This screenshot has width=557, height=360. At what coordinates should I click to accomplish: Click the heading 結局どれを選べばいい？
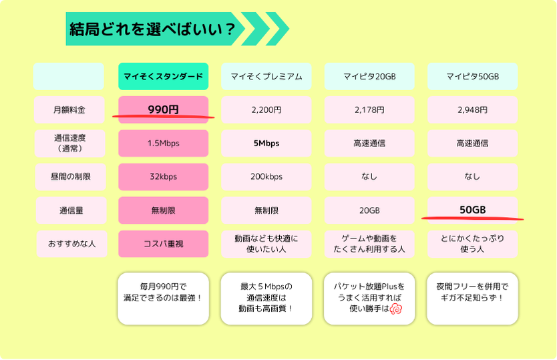pos(152,29)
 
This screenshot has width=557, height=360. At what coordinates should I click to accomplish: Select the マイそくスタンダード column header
pos(164,76)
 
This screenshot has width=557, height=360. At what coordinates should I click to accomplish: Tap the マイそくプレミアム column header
pos(266,76)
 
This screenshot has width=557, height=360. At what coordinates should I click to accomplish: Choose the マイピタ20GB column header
pos(369,76)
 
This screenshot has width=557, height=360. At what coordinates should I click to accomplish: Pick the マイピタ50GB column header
pos(472,76)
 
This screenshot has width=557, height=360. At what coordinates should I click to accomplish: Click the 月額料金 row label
pos(69,110)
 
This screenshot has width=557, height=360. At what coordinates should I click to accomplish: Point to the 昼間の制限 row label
pos(70,176)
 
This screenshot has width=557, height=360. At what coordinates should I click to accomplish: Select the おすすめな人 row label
pos(71,244)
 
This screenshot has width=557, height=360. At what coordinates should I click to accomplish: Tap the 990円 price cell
pos(164,110)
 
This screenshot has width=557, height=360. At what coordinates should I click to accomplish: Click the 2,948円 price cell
pos(472,110)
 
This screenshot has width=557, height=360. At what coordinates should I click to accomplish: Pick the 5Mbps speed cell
pos(266,143)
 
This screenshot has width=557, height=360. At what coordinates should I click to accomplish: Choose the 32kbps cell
pos(164,176)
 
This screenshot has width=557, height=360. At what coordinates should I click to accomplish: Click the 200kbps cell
pos(266,176)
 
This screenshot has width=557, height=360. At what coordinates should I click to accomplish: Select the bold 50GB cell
pos(472,210)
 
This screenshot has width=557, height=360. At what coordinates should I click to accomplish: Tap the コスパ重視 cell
pos(164,244)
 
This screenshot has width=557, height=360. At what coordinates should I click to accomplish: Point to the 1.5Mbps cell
pos(164,143)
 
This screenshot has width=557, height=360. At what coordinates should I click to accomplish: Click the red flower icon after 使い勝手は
pos(396,309)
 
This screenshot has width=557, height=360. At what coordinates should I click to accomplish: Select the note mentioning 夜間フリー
pos(472,299)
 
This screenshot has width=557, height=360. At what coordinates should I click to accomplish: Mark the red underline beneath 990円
pos(164,116)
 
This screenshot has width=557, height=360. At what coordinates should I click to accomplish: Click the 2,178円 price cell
pos(369,110)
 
